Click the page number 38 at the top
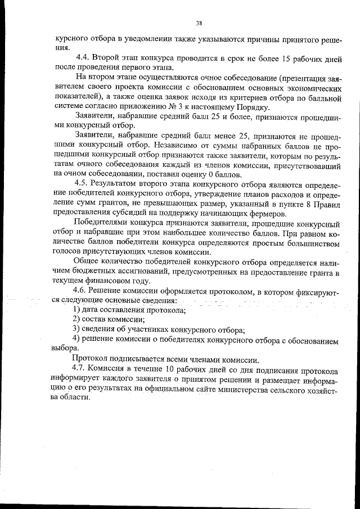pyautogui.click(x=199, y=23)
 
